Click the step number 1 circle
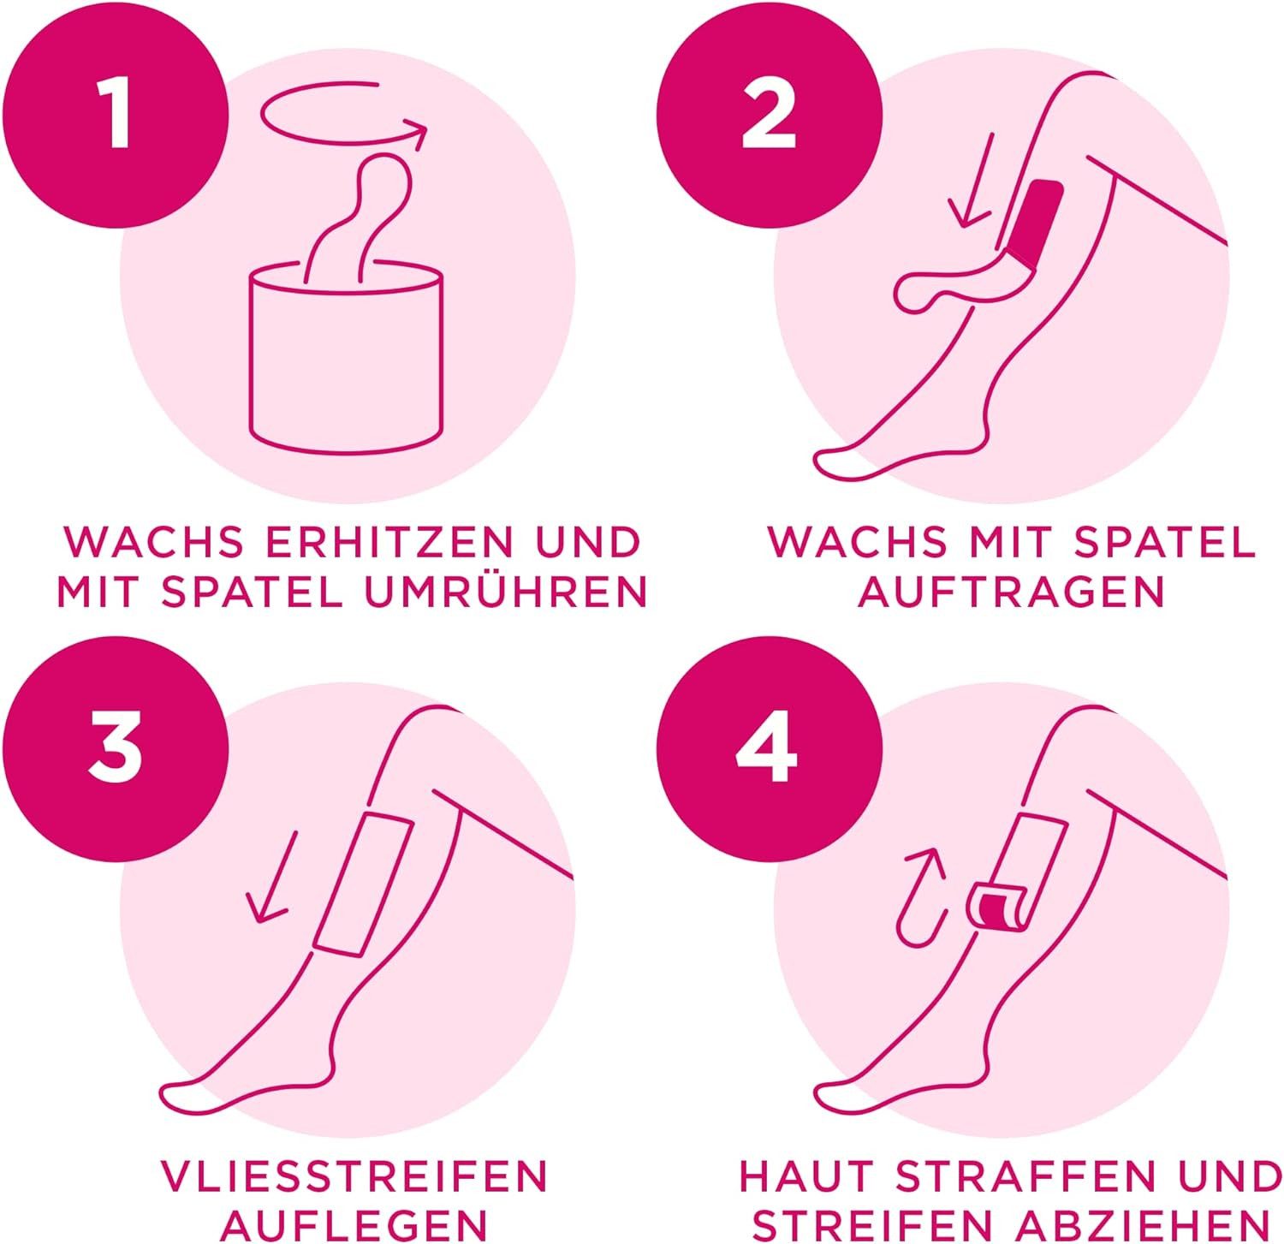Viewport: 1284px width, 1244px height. coord(116,116)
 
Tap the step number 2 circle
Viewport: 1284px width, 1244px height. coord(769,116)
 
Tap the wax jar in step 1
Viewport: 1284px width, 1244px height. coord(347,360)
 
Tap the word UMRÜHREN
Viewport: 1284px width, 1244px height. coord(507,592)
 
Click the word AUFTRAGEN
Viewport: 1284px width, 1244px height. coord(1012,592)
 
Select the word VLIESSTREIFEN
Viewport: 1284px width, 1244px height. coord(354,1176)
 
